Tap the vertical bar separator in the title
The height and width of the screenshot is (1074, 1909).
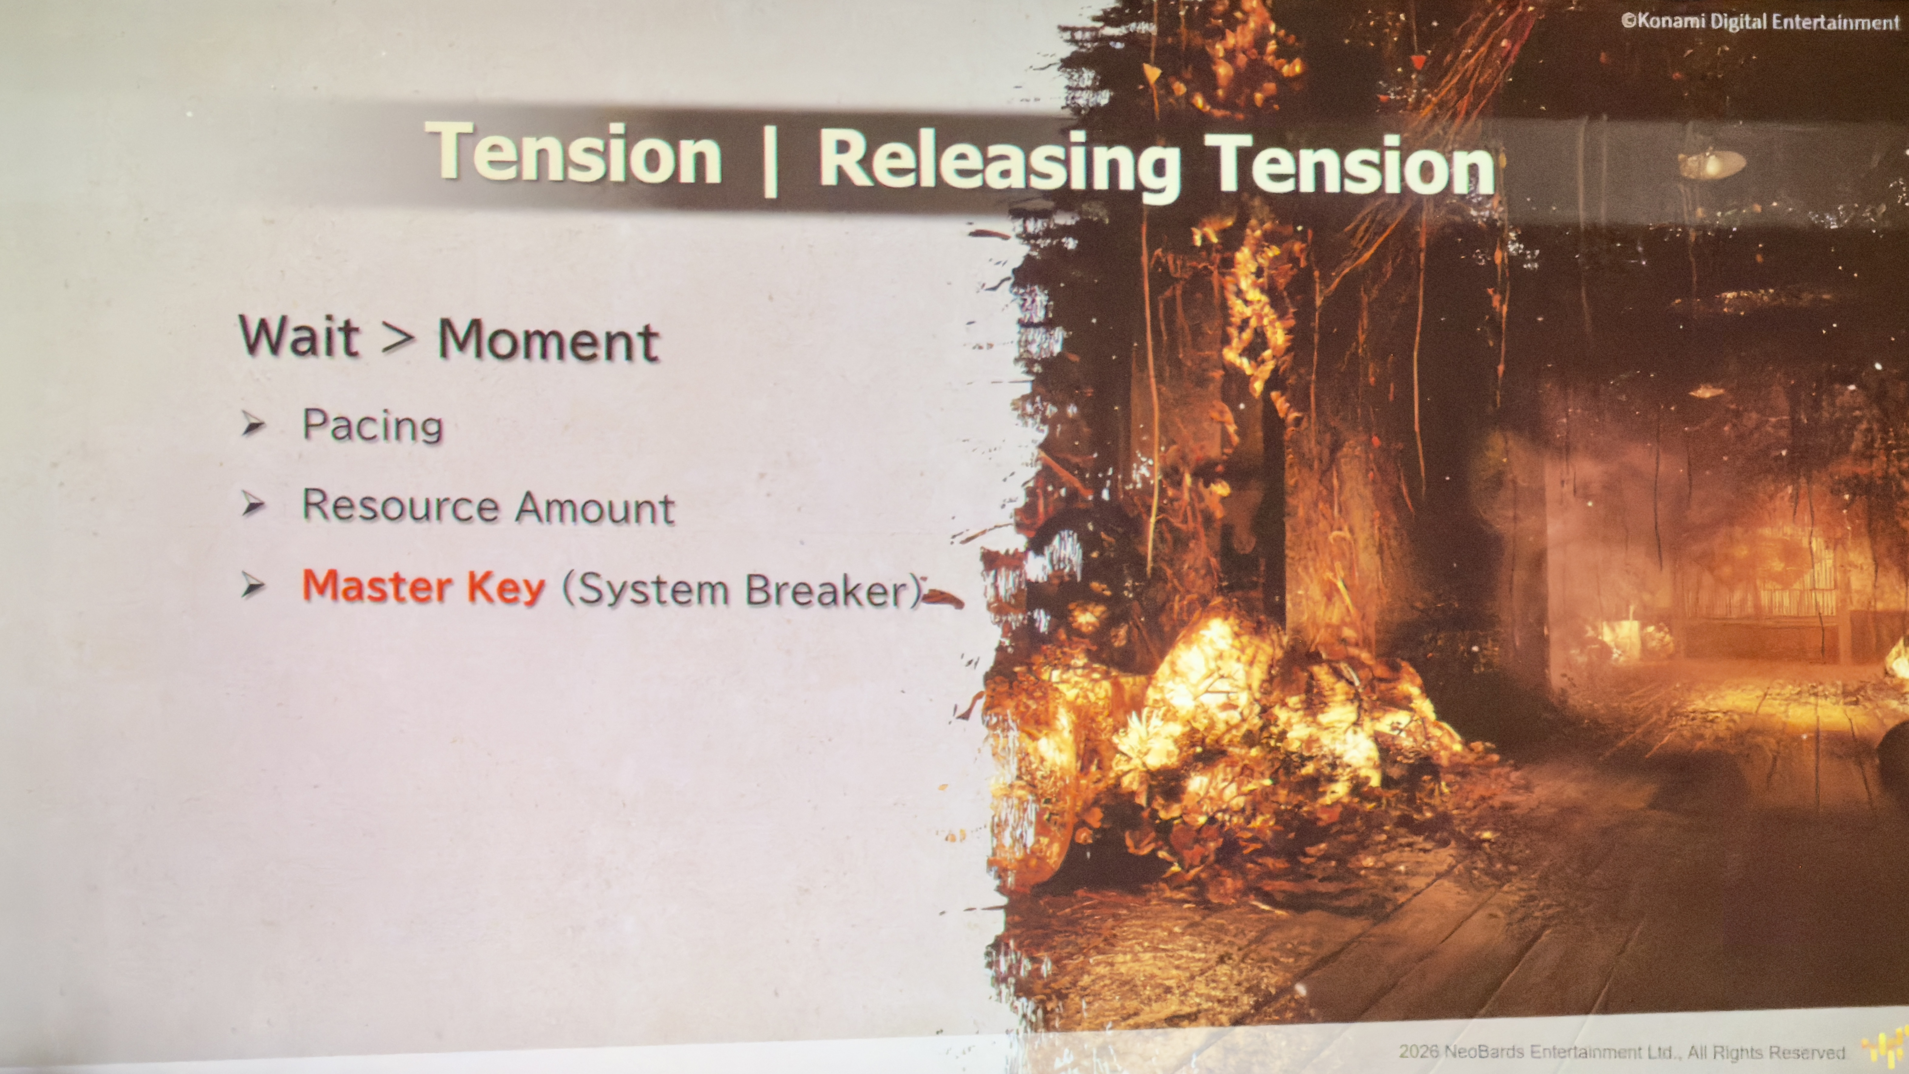click(770, 161)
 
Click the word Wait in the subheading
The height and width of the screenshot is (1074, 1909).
click(299, 337)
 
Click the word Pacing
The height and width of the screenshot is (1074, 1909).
click(372, 425)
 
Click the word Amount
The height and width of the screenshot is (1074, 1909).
click(594, 508)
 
